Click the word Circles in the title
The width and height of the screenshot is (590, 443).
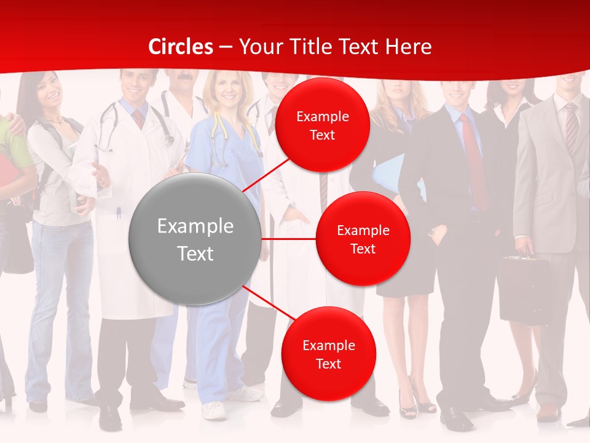point(181,47)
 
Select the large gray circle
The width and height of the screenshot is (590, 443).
point(195,239)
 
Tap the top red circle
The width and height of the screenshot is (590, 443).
point(322,126)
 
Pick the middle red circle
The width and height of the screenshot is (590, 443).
point(363,239)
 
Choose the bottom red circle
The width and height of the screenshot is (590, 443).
point(328,354)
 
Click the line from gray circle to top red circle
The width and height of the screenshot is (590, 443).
point(268,174)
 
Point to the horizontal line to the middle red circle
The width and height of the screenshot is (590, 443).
point(288,239)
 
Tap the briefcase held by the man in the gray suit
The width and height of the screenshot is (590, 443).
point(524,289)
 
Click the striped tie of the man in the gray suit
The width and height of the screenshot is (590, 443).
point(571,129)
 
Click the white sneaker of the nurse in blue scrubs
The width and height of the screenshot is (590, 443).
point(214,410)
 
